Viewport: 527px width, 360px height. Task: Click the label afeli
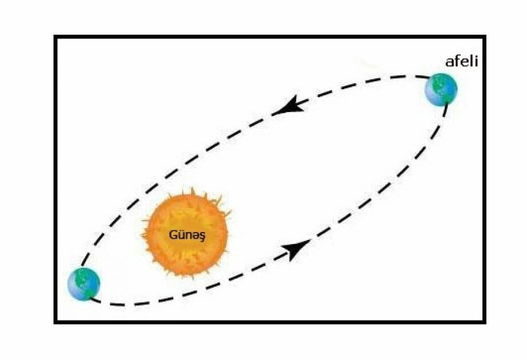(x=461, y=61)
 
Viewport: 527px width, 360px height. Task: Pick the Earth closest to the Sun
(x=84, y=283)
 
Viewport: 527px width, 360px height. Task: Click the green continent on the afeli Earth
(x=438, y=86)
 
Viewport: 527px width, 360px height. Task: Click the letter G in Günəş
(x=172, y=234)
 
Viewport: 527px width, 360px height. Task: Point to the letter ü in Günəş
(x=179, y=234)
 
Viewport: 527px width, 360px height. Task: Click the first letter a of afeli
(x=449, y=62)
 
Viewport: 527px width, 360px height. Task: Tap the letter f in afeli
(x=457, y=61)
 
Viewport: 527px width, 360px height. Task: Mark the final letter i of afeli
(x=475, y=61)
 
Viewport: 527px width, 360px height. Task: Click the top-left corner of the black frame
(x=55, y=37)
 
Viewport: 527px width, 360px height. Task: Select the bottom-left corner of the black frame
(x=55, y=322)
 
